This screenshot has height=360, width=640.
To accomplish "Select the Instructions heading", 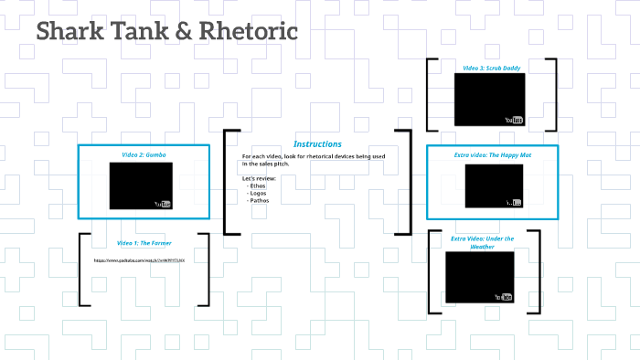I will click(x=317, y=144).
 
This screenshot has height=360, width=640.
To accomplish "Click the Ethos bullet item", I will click(x=259, y=185).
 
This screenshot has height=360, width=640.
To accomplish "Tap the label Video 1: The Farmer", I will click(x=144, y=243).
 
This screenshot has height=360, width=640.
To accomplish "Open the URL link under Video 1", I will click(x=145, y=261).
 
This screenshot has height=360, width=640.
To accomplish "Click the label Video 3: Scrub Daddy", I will click(x=491, y=68).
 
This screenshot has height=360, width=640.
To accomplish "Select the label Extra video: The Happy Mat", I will click(x=492, y=155).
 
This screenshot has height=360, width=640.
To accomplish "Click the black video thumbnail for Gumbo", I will click(x=141, y=185).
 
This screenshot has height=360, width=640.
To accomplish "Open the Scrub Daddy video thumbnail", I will click(x=489, y=99).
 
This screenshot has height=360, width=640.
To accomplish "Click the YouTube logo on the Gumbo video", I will click(x=164, y=204).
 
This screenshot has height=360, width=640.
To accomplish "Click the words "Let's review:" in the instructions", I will click(x=259, y=177).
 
